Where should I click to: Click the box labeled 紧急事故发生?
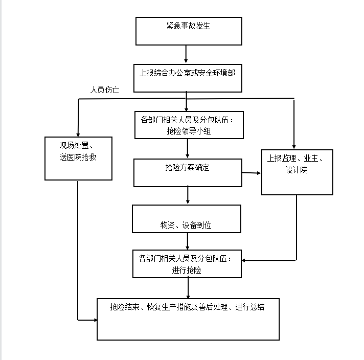pyautogui.click(x=188, y=31)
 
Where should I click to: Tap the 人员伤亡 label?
pyautogui.click(x=105, y=90)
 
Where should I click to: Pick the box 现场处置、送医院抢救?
pyautogui.click(x=78, y=158)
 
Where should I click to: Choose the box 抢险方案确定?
pyautogui.click(x=188, y=172)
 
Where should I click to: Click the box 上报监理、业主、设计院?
pyautogui.click(x=297, y=172)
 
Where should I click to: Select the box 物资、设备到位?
pyautogui.click(x=186, y=219)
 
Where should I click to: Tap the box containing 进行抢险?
pyautogui.click(x=187, y=264)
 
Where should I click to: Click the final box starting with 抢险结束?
pyautogui.click(x=188, y=319)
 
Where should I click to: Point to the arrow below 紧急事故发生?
pyautogui.click(x=186, y=54)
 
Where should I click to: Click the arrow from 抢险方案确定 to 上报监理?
pyautogui.click(x=251, y=173)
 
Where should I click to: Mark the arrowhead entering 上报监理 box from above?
pyautogui.click(x=294, y=145)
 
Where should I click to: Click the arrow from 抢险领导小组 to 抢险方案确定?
pyautogui.click(x=188, y=148)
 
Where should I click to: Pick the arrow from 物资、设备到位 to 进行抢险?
pyautogui.click(x=188, y=241)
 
